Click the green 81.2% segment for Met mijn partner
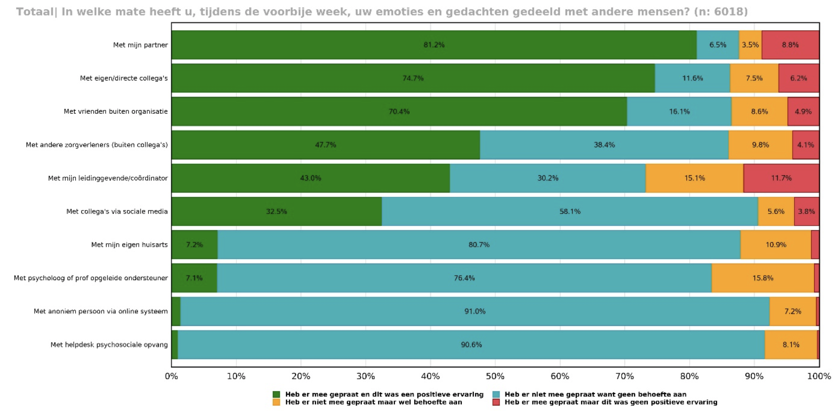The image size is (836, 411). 434,45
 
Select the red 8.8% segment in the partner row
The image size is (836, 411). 790,45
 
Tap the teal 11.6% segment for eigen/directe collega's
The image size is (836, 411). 692,78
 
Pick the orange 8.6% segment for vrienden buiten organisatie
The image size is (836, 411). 759,112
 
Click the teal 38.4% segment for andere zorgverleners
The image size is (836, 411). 604,145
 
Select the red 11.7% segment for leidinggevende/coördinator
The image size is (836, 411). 781,178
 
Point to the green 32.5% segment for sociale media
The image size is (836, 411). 276,211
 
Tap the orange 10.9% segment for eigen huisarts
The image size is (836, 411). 776,245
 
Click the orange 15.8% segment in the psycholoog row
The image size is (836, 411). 763,278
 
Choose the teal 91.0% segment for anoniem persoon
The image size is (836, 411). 475,311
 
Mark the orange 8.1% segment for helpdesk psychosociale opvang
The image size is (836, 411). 791,345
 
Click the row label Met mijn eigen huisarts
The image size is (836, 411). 129,245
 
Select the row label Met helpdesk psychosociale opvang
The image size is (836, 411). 109,345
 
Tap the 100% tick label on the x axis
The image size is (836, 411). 819,376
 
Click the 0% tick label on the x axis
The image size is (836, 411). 172,376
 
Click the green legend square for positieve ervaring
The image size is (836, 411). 276,394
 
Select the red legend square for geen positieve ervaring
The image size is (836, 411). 496,402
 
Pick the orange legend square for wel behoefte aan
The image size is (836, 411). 276,402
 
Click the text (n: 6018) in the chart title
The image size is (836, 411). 721,12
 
